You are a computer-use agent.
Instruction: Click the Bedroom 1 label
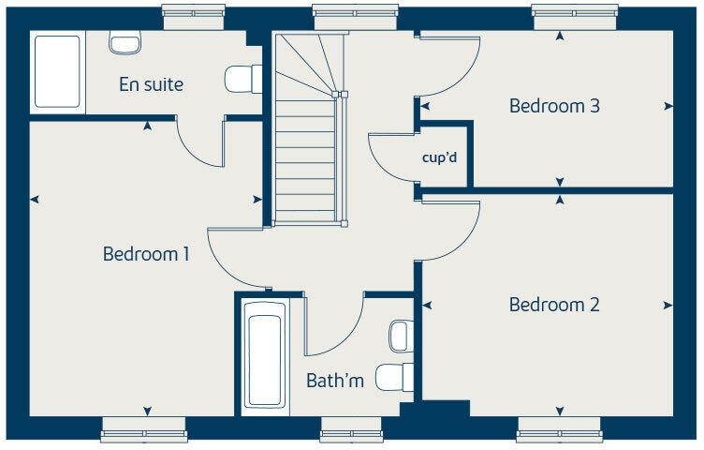[x=146, y=254]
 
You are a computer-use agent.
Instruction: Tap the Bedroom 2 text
[x=554, y=305]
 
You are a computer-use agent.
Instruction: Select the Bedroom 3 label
[x=554, y=106]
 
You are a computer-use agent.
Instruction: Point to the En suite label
[x=151, y=84]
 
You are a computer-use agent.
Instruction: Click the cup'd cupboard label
[x=439, y=156]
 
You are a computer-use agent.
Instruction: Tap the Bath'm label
[x=335, y=381]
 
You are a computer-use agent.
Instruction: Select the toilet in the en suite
[x=242, y=79]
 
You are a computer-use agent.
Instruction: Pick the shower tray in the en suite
[x=57, y=72]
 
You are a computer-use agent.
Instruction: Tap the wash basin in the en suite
[x=124, y=40]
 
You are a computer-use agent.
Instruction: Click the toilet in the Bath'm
[x=392, y=377]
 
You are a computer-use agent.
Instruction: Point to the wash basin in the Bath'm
[x=400, y=335]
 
